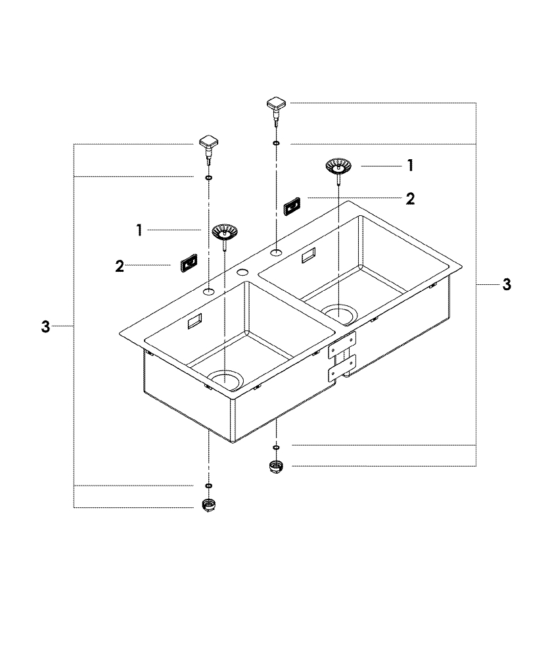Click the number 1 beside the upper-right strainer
click(x=410, y=165)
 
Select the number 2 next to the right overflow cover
click(x=410, y=199)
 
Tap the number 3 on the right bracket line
click(x=506, y=284)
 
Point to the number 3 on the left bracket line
click(x=45, y=326)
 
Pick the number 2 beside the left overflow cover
click(x=120, y=266)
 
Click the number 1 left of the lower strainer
click(x=139, y=230)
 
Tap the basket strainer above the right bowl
click(x=338, y=166)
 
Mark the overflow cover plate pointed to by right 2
click(x=292, y=207)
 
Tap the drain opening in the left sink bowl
click(x=225, y=379)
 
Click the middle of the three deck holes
click(x=242, y=272)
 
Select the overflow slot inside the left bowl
click(x=195, y=322)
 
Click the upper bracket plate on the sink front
click(x=342, y=343)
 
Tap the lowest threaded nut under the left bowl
click(x=208, y=506)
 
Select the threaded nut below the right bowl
click(x=275, y=468)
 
